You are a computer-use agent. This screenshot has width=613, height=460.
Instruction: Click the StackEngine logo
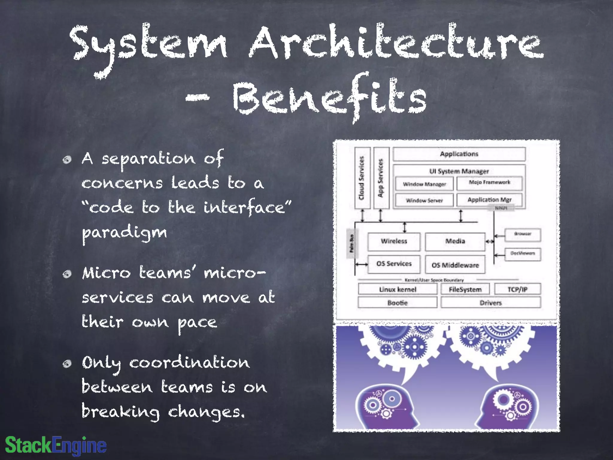click(56, 445)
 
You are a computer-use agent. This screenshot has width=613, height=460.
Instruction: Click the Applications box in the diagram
click(459, 154)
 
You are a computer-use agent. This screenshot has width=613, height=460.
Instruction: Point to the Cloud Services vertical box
click(362, 178)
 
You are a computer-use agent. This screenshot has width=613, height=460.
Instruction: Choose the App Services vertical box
click(381, 178)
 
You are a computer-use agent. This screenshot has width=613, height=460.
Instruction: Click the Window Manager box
click(424, 184)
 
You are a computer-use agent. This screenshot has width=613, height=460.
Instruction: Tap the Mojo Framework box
click(489, 183)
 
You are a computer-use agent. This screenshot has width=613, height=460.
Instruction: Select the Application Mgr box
click(489, 200)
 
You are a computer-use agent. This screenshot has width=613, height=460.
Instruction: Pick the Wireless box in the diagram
click(394, 241)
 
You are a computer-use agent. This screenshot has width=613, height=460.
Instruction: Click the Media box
click(455, 241)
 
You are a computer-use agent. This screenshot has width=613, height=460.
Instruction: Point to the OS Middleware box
click(455, 265)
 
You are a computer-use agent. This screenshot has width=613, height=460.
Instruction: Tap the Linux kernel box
click(397, 289)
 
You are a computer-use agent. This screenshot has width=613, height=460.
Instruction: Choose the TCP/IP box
click(517, 289)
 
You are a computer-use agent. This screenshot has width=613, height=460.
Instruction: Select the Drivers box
click(491, 303)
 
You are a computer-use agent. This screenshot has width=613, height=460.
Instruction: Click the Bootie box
click(397, 303)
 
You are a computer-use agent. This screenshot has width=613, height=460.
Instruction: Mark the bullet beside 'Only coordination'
click(67, 364)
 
